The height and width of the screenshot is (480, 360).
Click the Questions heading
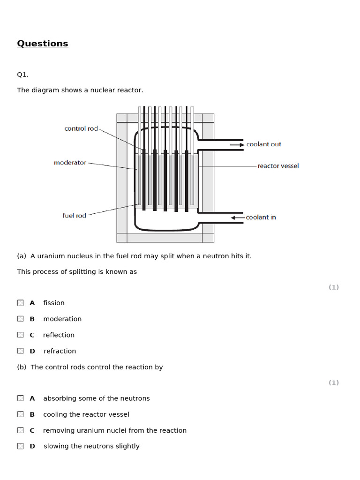[x=43, y=44]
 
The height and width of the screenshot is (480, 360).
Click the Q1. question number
[x=22, y=75]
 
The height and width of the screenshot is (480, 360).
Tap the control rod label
[x=81, y=128]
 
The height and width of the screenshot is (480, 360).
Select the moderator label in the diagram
[x=70, y=163]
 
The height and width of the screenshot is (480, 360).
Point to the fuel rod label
[x=75, y=216]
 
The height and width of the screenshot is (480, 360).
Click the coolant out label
[x=263, y=144]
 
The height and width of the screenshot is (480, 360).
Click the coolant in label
[x=261, y=217]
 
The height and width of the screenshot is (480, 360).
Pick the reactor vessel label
[x=278, y=166]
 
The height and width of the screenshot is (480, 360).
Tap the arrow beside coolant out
[x=237, y=145]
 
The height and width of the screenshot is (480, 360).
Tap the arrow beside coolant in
[x=238, y=217]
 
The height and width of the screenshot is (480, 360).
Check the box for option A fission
[x=21, y=303]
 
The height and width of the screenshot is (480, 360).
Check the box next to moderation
[x=21, y=319]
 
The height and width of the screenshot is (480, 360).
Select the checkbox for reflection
[x=21, y=335]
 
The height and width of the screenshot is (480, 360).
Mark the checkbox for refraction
[x=21, y=351]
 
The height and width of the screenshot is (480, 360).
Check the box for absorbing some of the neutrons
[x=21, y=398]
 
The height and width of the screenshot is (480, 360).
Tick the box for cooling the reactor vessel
[x=21, y=414]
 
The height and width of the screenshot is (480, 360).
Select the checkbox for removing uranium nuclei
[x=21, y=430]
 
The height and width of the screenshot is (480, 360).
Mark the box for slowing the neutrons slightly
[x=21, y=446]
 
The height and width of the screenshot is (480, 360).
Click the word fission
[x=54, y=303]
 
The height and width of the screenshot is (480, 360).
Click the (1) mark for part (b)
[x=333, y=382]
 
